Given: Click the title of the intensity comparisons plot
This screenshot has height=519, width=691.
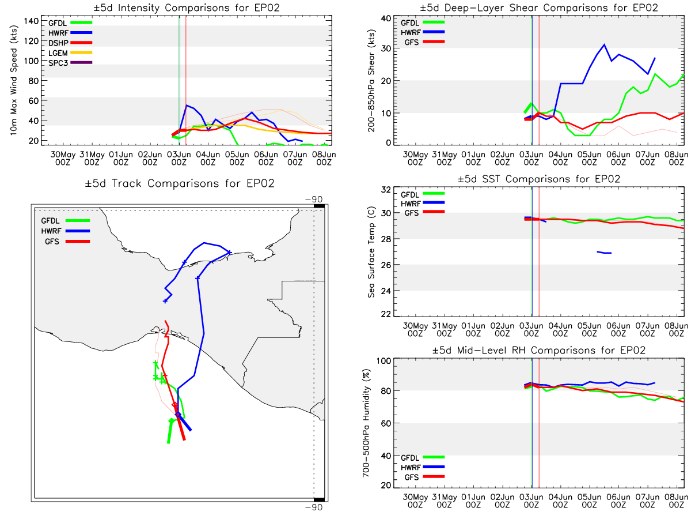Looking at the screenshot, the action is pyautogui.click(x=187, y=7).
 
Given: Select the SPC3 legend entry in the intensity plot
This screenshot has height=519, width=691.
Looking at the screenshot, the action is pyautogui.click(x=70, y=63).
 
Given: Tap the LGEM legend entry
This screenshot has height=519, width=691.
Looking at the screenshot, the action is pyautogui.click(x=70, y=52).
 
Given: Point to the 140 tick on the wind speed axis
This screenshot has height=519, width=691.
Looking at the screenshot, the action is pyautogui.click(x=31, y=21).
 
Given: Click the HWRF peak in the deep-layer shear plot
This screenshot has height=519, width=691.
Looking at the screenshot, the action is pyautogui.click(x=604, y=45).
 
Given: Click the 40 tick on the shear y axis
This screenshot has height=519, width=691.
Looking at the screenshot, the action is pyautogui.click(x=386, y=18).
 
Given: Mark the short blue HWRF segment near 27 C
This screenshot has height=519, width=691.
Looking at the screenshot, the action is pyautogui.click(x=604, y=252).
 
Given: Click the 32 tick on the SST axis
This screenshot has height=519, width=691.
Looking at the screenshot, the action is pyautogui.click(x=386, y=190).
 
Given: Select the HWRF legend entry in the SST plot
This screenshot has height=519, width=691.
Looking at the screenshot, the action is pyautogui.click(x=422, y=203).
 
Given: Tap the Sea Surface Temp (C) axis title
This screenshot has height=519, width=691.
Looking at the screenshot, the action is pyautogui.click(x=371, y=252).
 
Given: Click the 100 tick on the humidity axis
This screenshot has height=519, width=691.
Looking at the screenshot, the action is pyautogui.click(x=384, y=361).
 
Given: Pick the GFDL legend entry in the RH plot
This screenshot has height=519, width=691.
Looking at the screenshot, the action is pyautogui.click(x=422, y=457).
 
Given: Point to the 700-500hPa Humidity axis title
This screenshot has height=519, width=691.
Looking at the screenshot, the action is pyautogui.click(x=366, y=423).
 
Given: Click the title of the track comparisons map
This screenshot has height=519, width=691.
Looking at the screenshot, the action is pyautogui.click(x=180, y=183).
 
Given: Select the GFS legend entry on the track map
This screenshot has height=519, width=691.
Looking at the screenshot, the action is pyautogui.click(x=67, y=242).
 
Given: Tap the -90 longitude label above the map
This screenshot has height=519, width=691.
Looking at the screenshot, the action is pyautogui.click(x=314, y=200).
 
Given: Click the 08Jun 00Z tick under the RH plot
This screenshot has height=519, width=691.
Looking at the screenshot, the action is pyautogui.click(x=676, y=501).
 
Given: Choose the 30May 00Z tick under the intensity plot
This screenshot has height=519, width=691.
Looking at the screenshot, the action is pyautogui.click(x=63, y=159).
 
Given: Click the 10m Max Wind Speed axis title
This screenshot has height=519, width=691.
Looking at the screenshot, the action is pyautogui.click(x=14, y=81).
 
